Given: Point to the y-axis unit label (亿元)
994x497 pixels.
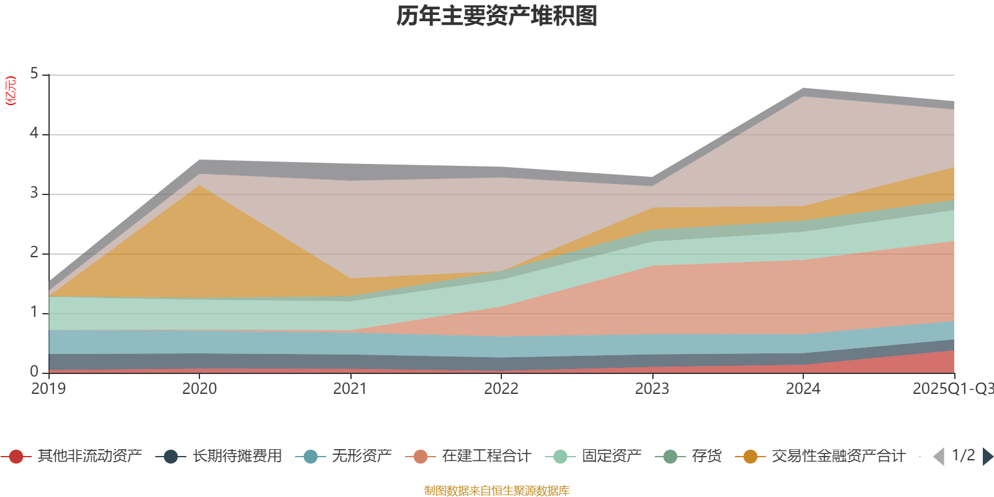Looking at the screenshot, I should click(11, 91).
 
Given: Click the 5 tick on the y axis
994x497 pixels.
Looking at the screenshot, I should click(34, 74).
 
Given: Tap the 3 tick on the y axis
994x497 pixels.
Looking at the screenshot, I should click(34, 193).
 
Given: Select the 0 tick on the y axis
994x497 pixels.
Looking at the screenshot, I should click(34, 372).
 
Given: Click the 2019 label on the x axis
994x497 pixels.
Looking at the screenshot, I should click(48, 389).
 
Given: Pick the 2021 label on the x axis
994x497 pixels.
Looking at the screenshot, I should click(350, 389).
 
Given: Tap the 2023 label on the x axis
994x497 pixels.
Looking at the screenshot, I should click(652, 389).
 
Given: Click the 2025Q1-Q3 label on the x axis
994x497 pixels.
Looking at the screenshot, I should click(952, 389).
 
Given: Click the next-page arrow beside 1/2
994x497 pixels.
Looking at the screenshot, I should click(988, 457).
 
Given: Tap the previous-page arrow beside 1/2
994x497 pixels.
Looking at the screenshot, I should click(939, 457).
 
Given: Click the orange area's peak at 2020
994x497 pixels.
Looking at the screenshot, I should click(199, 186).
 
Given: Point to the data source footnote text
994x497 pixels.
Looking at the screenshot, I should click(497, 491).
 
